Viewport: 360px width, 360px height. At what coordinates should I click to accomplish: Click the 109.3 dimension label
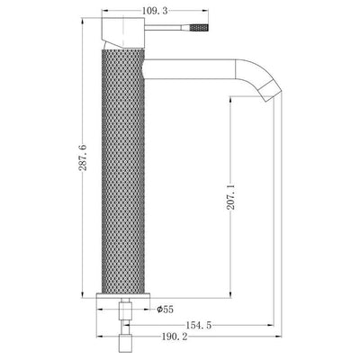pos(155,11)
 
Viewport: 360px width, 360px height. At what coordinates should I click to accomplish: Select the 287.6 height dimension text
pos(83,157)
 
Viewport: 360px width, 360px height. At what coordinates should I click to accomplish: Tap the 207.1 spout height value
pos(230,196)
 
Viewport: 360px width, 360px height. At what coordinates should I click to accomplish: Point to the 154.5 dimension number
pos(199,325)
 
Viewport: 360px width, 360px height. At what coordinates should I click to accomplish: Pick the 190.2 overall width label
pos(175,337)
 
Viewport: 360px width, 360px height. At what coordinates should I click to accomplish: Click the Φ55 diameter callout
pos(166,309)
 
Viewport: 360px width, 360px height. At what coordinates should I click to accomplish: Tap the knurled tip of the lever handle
pos(199,28)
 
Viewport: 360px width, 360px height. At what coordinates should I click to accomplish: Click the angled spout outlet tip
pos(270,92)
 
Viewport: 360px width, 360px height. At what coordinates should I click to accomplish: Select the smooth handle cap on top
pos(123,33)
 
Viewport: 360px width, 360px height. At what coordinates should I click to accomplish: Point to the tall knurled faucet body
pos(123,171)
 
